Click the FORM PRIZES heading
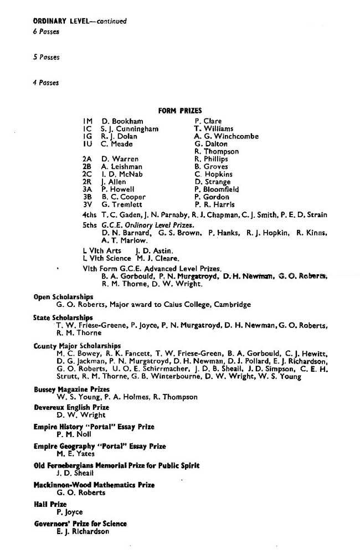(x=180, y=110)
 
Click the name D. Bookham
(x=122, y=121)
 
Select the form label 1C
(x=87, y=129)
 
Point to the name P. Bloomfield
(x=217, y=189)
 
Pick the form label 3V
(x=87, y=204)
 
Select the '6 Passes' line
(x=46, y=32)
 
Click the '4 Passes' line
(x=46, y=83)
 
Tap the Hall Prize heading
(x=50, y=504)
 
